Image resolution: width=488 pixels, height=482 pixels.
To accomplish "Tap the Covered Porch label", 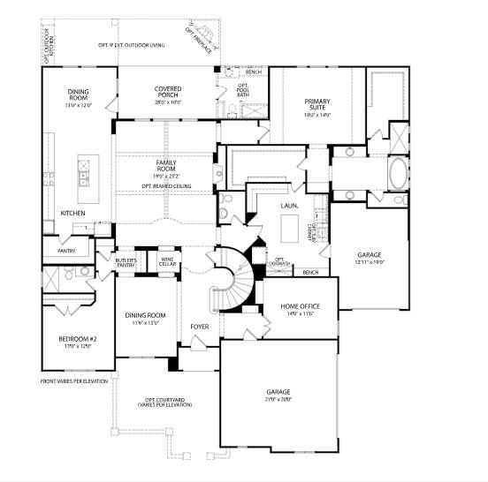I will click(167, 89).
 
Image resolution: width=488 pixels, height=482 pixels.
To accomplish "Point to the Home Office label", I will click(300, 305).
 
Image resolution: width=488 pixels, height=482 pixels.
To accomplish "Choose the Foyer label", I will click(200, 327).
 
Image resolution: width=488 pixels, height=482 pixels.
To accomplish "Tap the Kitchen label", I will click(72, 214).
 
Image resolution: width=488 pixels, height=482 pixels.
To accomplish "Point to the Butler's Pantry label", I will click(126, 263).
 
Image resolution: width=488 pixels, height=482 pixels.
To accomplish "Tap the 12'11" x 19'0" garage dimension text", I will click(369, 261).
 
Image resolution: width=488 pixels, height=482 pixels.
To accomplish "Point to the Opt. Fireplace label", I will click(199, 39).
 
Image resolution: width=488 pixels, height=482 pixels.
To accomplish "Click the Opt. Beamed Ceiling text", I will click(165, 186).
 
